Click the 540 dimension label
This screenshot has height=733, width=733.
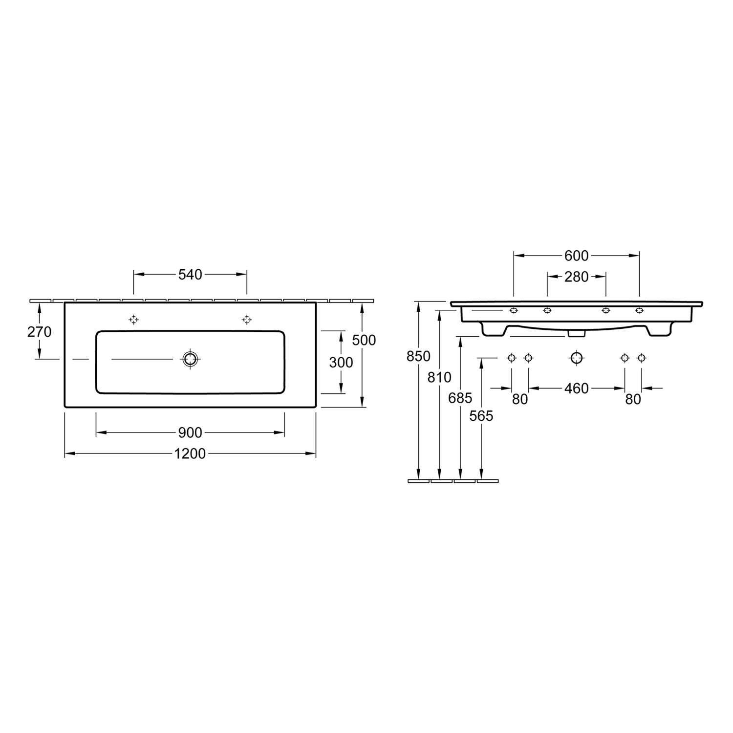190,275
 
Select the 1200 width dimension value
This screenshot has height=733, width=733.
190,454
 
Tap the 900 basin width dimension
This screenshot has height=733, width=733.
190,432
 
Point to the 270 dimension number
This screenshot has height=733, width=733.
39,332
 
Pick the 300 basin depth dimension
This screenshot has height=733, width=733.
341,362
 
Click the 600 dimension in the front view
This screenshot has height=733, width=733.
577,256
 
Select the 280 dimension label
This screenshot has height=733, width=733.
577,277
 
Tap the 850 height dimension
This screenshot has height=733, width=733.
419,356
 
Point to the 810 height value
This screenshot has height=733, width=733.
440,377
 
